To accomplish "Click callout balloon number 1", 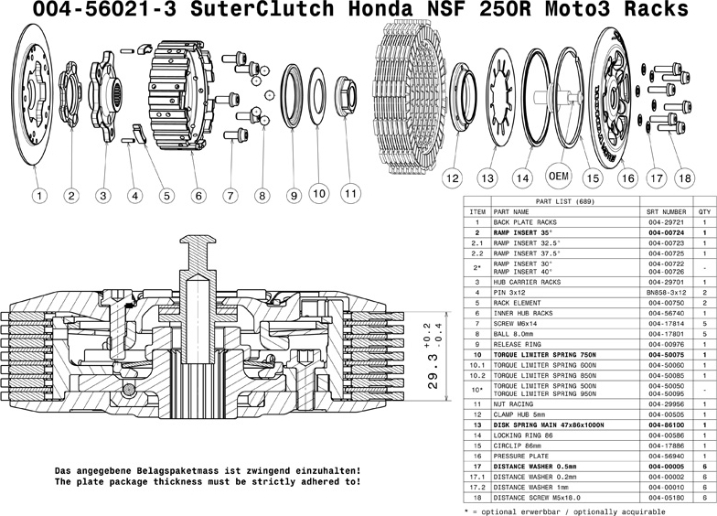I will (x=39, y=195).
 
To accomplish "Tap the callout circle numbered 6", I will (x=198, y=195).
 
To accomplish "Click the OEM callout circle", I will (x=558, y=175).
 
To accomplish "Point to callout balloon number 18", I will (x=683, y=177).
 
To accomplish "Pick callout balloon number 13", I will (x=488, y=177).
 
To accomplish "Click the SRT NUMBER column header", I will (x=666, y=211).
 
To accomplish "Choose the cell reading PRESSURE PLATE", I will (x=522, y=454).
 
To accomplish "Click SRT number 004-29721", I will (x=666, y=222).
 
